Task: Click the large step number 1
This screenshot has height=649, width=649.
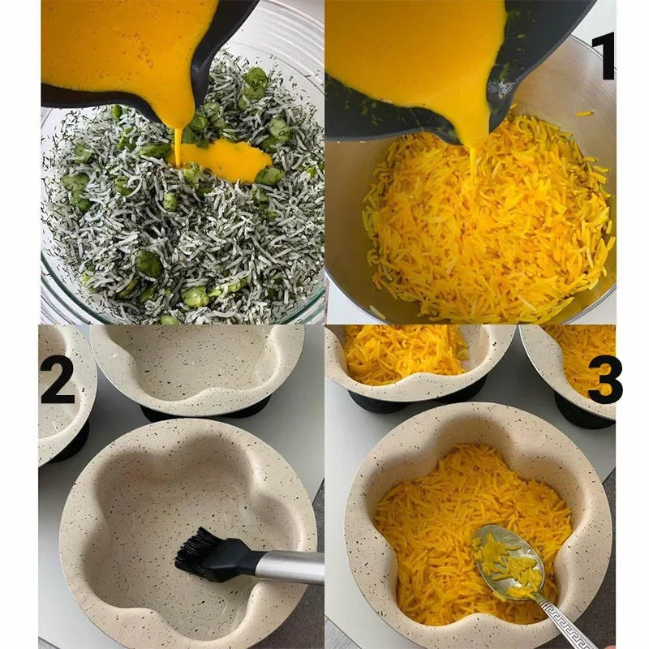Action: pyautogui.click(x=603, y=56)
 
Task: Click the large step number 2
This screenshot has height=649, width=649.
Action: pyautogui.click(x=58, y=380)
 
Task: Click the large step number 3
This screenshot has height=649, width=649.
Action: pyautogui.click(x=604, y=380)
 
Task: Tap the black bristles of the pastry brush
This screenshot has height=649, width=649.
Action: pyautogui.click(x=196, y=549)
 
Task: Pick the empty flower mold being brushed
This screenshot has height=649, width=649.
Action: pyautogui.click(x=188, y=534)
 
